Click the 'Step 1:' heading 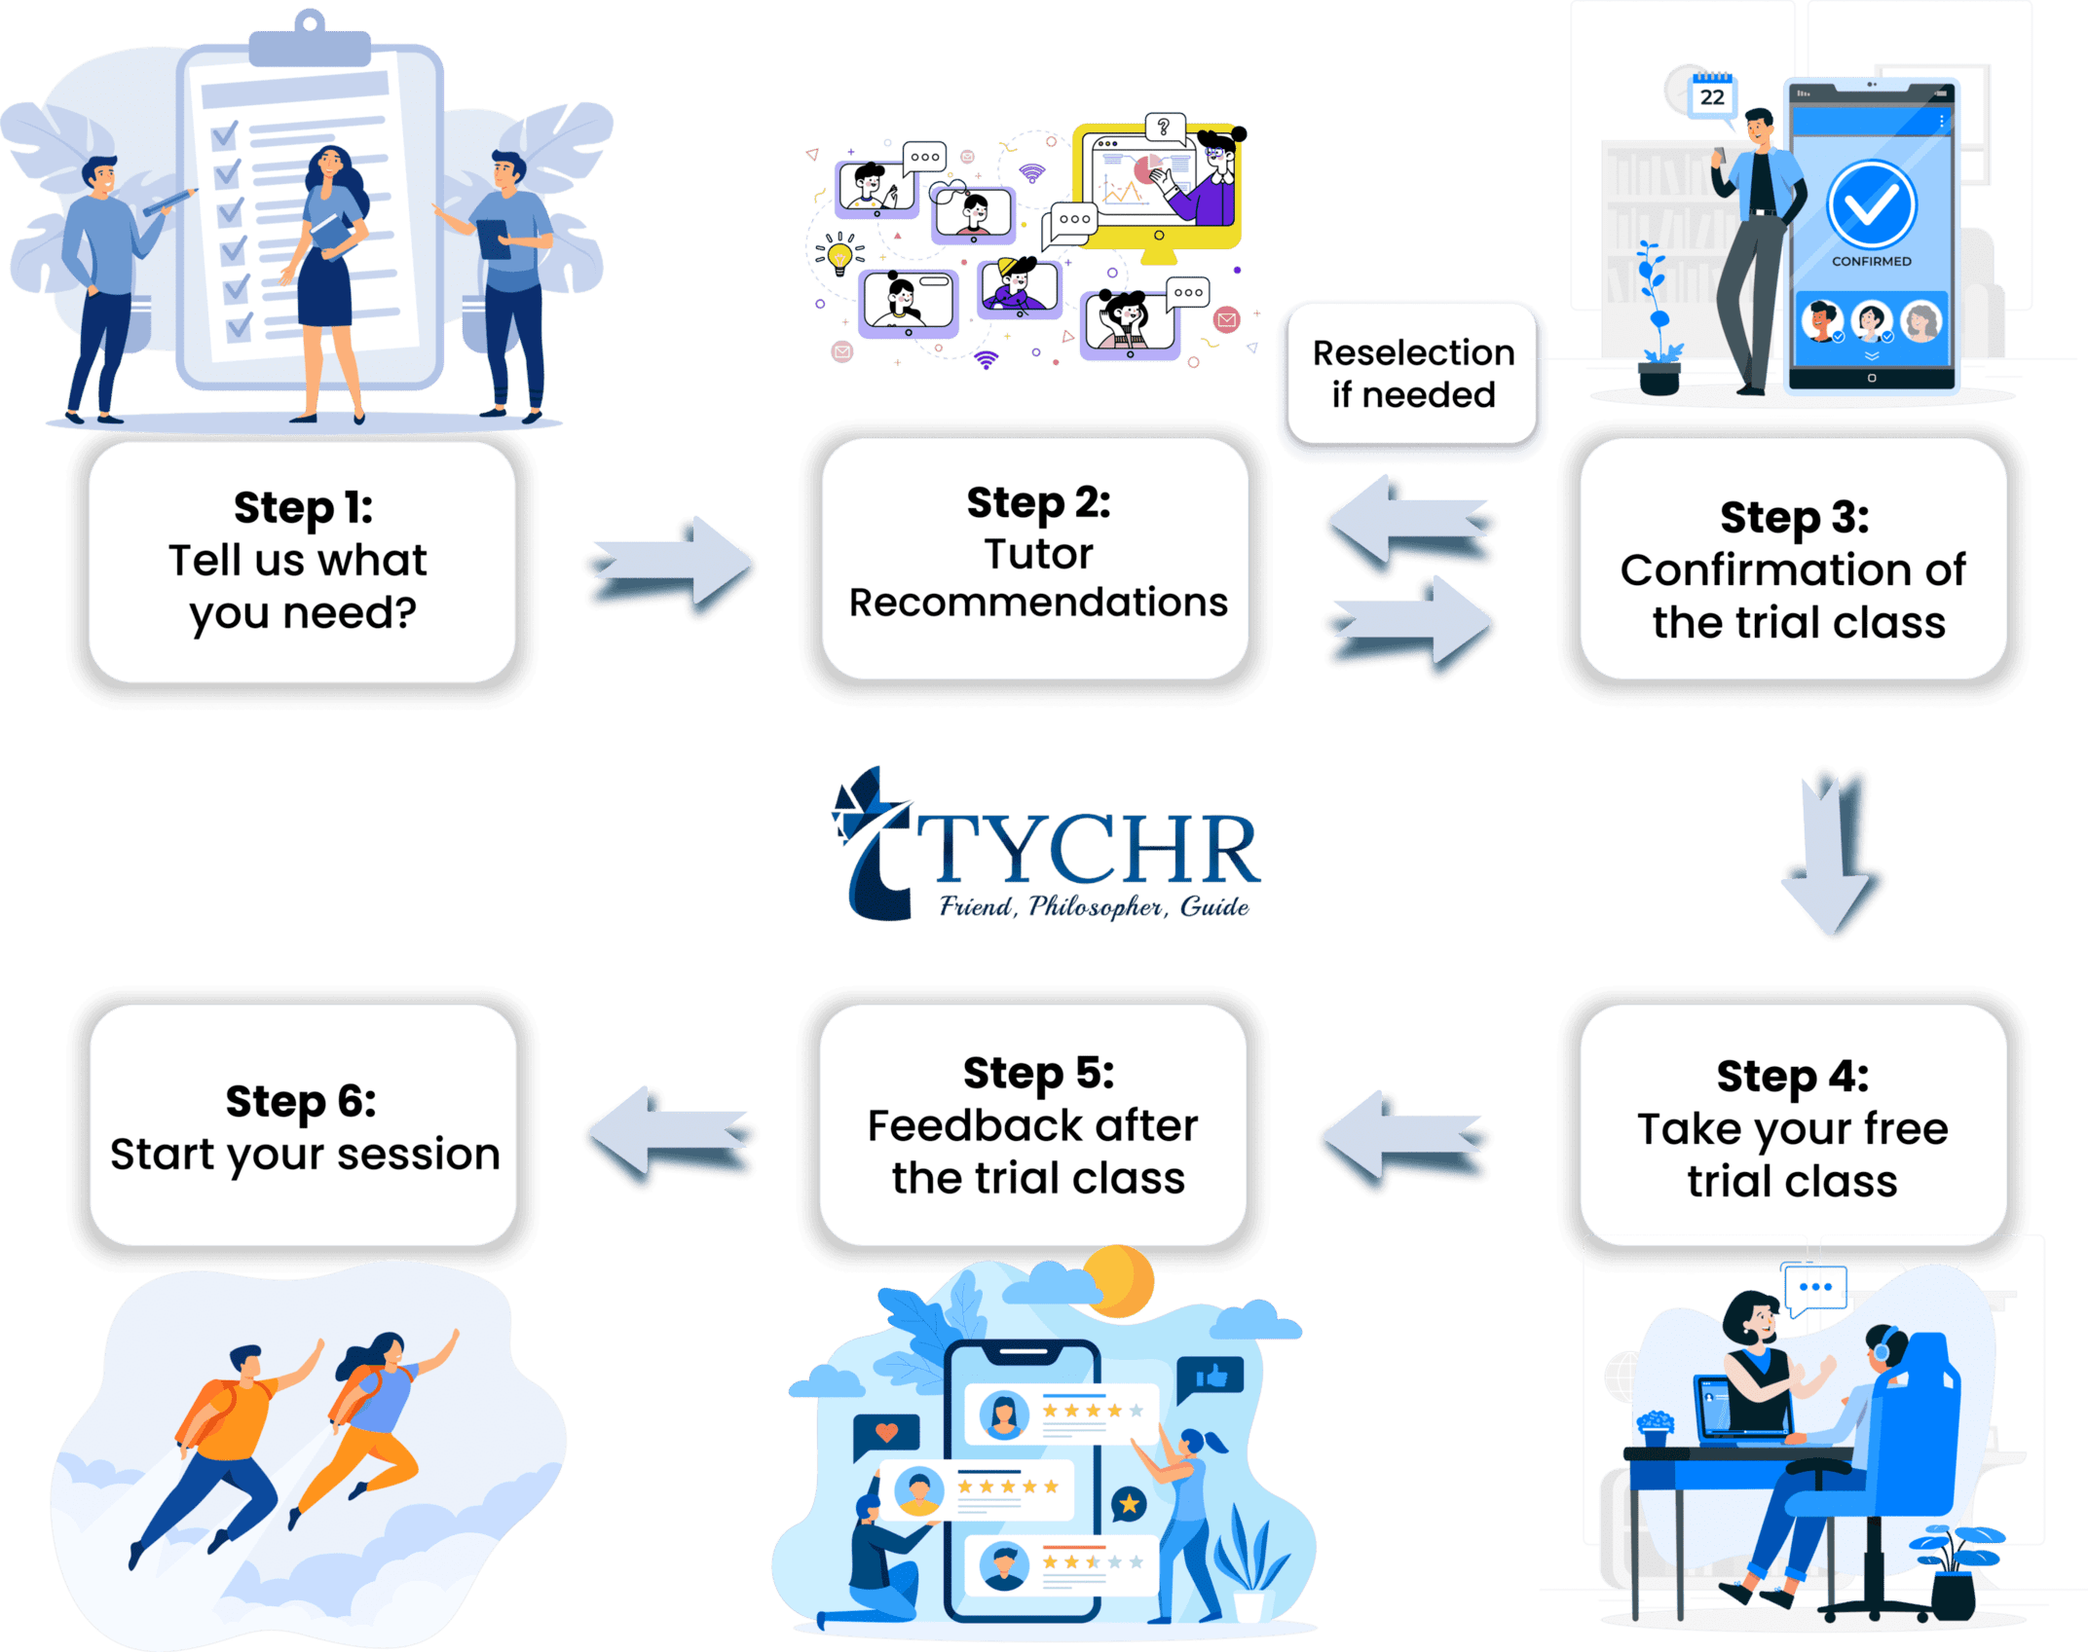tap(303, 508)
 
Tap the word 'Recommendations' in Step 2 tap(1038, 603)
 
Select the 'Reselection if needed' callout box tap(1413, 375)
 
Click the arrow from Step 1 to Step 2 tap(670, 567)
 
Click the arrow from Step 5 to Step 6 tap(670, 1135)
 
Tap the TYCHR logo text tap(1086, 850)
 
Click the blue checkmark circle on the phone tap(1871, 205)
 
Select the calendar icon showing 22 tap(1711, 94)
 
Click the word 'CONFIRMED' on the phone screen tap(1871, 261)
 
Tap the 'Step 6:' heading tap(301, 1102)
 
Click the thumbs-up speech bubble tap(1211, 1377)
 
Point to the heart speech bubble tap(886, 1434)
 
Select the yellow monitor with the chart tap(1156, 187)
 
